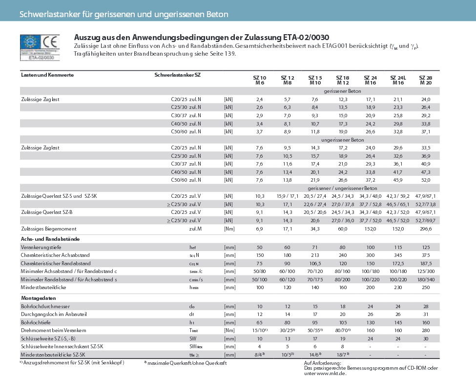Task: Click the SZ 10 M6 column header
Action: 260,81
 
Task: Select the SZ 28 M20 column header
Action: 426,81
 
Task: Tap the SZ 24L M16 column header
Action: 398,81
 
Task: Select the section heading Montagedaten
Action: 36,297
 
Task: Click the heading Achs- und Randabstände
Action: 50,239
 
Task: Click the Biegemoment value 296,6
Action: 426,229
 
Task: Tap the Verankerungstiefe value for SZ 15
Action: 314,247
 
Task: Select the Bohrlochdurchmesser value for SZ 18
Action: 342,306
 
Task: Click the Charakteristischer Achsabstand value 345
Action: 398,255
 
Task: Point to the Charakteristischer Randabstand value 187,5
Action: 426,263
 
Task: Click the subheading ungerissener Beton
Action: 342,139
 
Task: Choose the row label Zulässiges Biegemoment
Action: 49,229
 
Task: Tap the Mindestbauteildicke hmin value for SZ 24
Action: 370,287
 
